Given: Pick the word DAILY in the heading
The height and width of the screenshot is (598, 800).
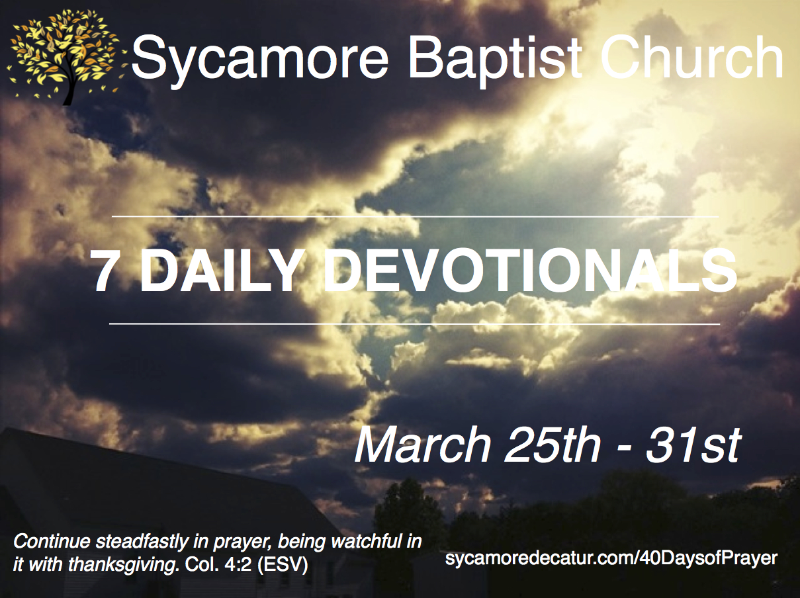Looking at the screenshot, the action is (x=220, y=272).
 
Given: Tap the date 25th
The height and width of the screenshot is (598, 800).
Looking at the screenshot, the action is (x=553, y=445).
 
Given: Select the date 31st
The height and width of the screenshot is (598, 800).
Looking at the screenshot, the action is (x=693, y=445).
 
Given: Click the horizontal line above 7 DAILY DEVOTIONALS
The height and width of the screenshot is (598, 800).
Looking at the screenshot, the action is (x=415, y=217).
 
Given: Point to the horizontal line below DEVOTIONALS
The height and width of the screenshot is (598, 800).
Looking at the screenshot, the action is (x=415, y=323).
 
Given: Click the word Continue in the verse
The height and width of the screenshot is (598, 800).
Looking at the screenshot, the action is (x=52, y=542).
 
